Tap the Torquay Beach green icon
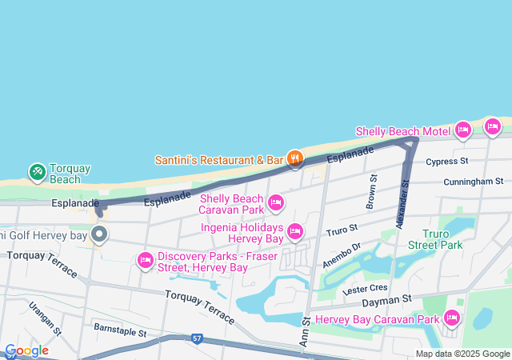pos(37,171)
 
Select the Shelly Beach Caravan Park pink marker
pos(276,203)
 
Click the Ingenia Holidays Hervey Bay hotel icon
pos(295,232)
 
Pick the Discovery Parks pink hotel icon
pos(146,260)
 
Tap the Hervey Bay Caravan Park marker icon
pos(451,318)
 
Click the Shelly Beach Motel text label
pos(402,131)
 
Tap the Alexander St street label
pos(403,202)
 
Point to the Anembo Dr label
pos(342,254)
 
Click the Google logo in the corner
pos(26,350)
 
